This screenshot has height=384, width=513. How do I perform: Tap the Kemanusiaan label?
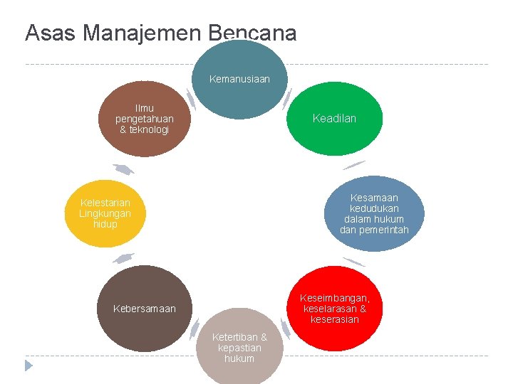pyautogui.click(x=239, y=79)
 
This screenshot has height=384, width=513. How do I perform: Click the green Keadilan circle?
pyautogui.click(x=334, y=119)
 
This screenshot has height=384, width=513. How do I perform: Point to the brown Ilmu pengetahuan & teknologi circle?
pyautogui.click(x=144, y=119)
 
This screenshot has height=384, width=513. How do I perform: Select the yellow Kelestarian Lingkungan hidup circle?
pyautogui.click(x=106, y=213)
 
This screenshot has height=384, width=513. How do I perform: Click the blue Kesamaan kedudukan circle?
pyautogui.click(x=374, y=213)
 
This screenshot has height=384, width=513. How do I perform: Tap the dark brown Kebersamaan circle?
pyautogui.click(x=144, y=308)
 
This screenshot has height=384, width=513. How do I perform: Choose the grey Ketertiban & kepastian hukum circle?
pyautogui.click(x=239, y=348)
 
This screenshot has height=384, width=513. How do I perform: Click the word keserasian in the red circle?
pyautogui.click(x=334, y=319)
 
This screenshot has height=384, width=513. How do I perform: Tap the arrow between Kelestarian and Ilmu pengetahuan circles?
pyautogui.click(x=123, y=169)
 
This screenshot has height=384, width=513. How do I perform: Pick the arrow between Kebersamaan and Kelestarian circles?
pyautogui.click(x=123, y=257)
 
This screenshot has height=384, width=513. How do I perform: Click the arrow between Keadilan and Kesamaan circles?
pyautogui.click(x=354, y=165)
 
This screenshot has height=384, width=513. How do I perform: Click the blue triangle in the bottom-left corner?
pyautogui.click(x=28, y=366)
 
